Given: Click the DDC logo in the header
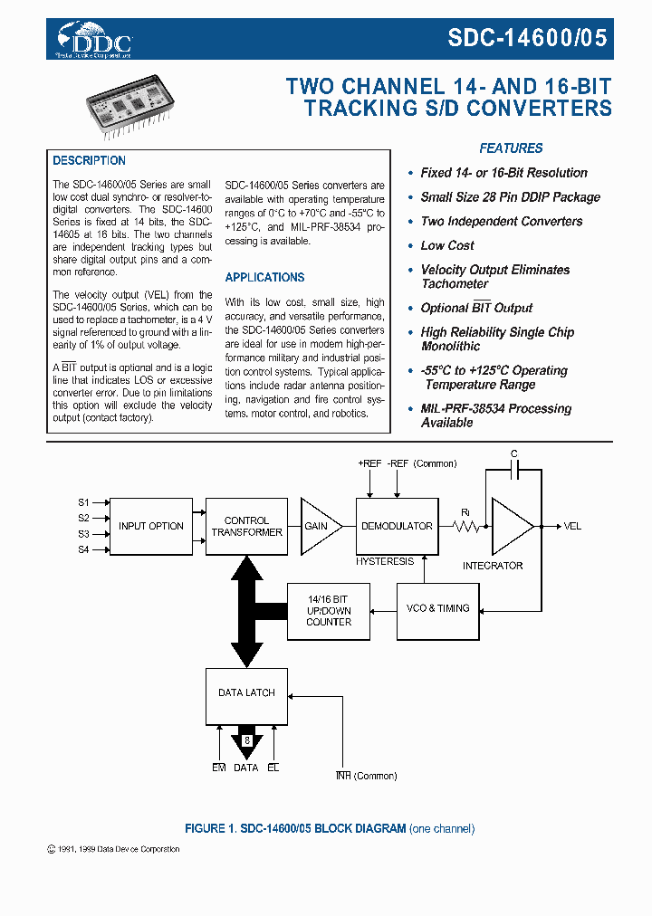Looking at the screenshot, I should pos(95,41).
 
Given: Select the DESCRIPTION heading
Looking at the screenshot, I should pos(89,161).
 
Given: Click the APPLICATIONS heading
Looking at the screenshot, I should pos(264,278).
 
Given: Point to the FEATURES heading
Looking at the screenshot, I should pos(511,148).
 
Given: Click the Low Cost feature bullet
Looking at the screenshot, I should pos(446,245).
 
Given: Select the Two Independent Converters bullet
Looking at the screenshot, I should pos(501,221).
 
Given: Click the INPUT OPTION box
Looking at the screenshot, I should pos(150,526).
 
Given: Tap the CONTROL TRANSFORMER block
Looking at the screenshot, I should pos(246,526).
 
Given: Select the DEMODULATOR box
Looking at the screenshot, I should pos(397,526).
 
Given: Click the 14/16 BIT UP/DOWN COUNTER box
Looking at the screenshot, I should pos(328,610).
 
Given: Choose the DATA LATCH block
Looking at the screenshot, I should pos(246,692).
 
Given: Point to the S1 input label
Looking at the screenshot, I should pos(83,501).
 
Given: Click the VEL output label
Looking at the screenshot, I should pos(572,526).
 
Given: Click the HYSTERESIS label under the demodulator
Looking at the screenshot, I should pos(384,561).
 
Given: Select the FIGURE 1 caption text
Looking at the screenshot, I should pos(330,828).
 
